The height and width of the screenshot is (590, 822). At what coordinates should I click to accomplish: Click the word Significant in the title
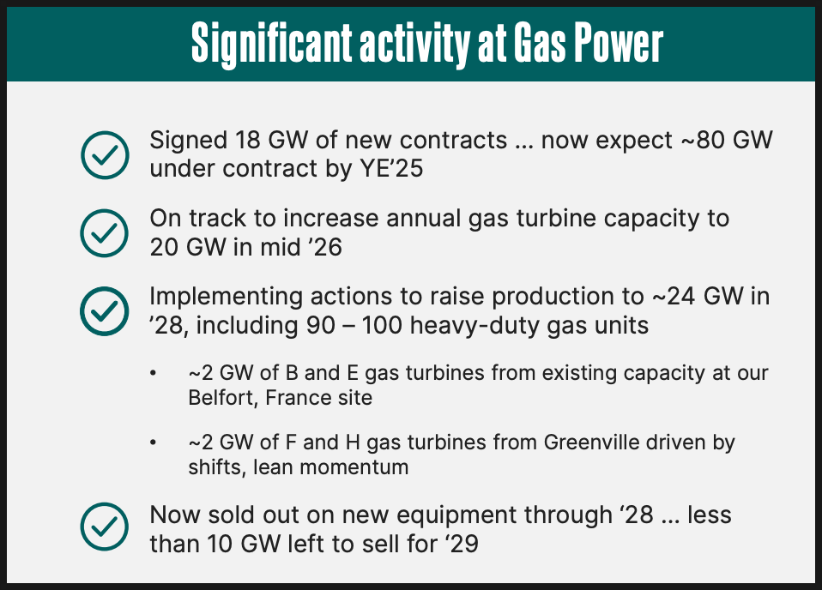[271, 44]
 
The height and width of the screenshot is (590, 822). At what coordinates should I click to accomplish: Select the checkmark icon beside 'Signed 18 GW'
[105, 155]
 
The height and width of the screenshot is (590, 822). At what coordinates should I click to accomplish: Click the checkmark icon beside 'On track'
[105, 233]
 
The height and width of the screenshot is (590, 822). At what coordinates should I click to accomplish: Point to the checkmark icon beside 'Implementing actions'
[105, 311]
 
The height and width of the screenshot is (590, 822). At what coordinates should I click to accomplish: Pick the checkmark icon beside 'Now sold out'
[105, 527]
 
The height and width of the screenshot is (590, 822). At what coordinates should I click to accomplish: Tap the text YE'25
[391, 169]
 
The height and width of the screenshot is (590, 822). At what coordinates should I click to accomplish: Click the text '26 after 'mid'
[327, 247]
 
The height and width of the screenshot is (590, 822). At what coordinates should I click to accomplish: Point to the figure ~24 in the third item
[674, 297]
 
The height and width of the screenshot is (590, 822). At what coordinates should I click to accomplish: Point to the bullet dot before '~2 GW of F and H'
[153, 442]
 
